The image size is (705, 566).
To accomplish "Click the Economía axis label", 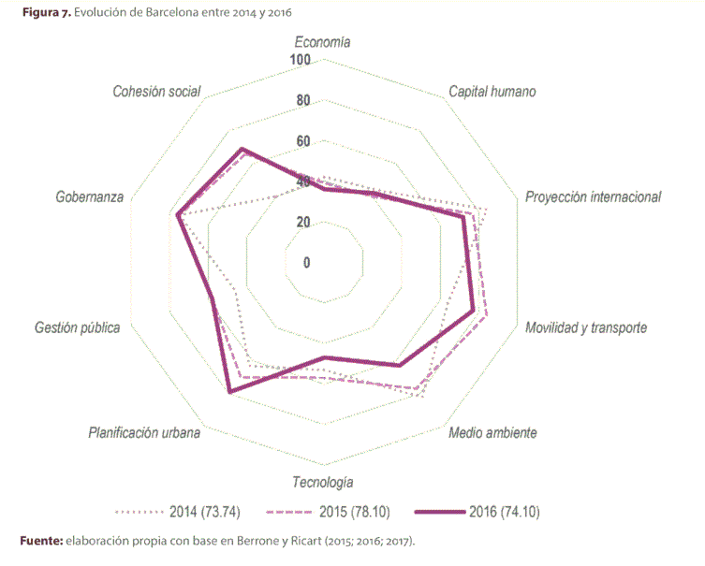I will point(322,42).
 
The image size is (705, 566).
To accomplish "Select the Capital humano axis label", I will point(492,92).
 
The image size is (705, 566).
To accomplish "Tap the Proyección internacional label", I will point(593,197).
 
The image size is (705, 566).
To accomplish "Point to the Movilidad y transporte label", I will point(586,328).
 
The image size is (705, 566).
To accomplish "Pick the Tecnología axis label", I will point(322,483).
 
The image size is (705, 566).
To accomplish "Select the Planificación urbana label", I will point(144,433).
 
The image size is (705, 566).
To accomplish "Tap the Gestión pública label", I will point(77,328).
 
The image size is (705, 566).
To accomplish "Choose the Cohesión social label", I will point(156,92).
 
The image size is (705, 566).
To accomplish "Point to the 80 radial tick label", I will point(302,101).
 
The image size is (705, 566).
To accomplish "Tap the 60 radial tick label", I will point(302,141).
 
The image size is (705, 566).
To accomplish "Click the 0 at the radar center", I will point(306,262).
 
